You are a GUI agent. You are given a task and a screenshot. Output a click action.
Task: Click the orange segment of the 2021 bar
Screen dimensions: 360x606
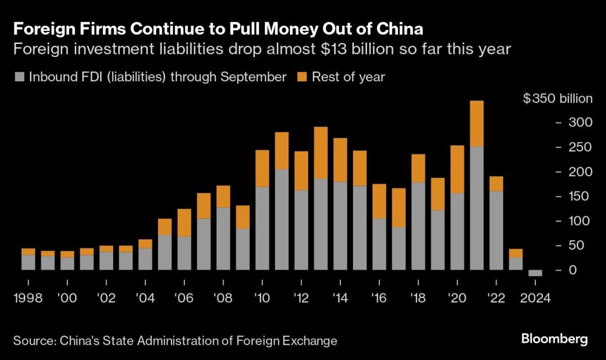476,124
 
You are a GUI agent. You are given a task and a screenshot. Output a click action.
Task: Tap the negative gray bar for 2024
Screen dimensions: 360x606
535,273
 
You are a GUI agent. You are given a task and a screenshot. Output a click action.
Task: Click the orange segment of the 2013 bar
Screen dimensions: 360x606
320,152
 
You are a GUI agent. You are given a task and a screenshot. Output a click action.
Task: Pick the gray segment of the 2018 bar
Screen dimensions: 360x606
418,226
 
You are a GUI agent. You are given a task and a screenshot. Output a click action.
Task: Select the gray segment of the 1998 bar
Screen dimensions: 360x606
28,263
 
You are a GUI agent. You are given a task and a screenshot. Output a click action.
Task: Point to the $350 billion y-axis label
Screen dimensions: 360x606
558,98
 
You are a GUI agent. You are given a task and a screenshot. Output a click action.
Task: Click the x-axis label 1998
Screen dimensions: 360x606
28,298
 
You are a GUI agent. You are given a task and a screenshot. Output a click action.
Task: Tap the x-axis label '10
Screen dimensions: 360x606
262,298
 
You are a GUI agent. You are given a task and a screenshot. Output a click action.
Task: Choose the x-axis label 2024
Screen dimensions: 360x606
535,298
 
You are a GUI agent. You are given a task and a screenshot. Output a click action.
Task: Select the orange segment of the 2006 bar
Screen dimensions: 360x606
184,223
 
